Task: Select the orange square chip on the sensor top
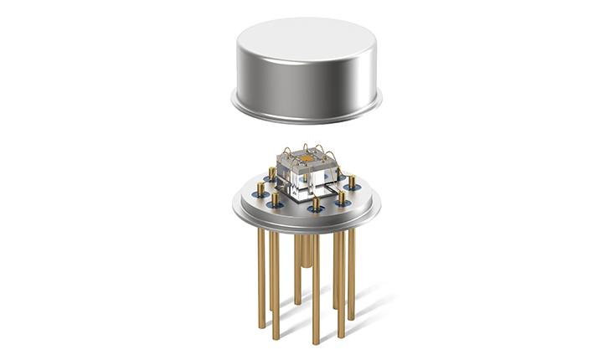(307, 157)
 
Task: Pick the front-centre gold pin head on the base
(315, 202)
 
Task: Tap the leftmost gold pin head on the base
(261, 189)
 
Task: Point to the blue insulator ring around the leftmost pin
(261, 197)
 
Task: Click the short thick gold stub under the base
(307, 251)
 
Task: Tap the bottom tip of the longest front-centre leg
(316, 342)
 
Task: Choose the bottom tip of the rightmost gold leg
(351, 317)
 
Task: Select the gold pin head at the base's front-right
(342, 197)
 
